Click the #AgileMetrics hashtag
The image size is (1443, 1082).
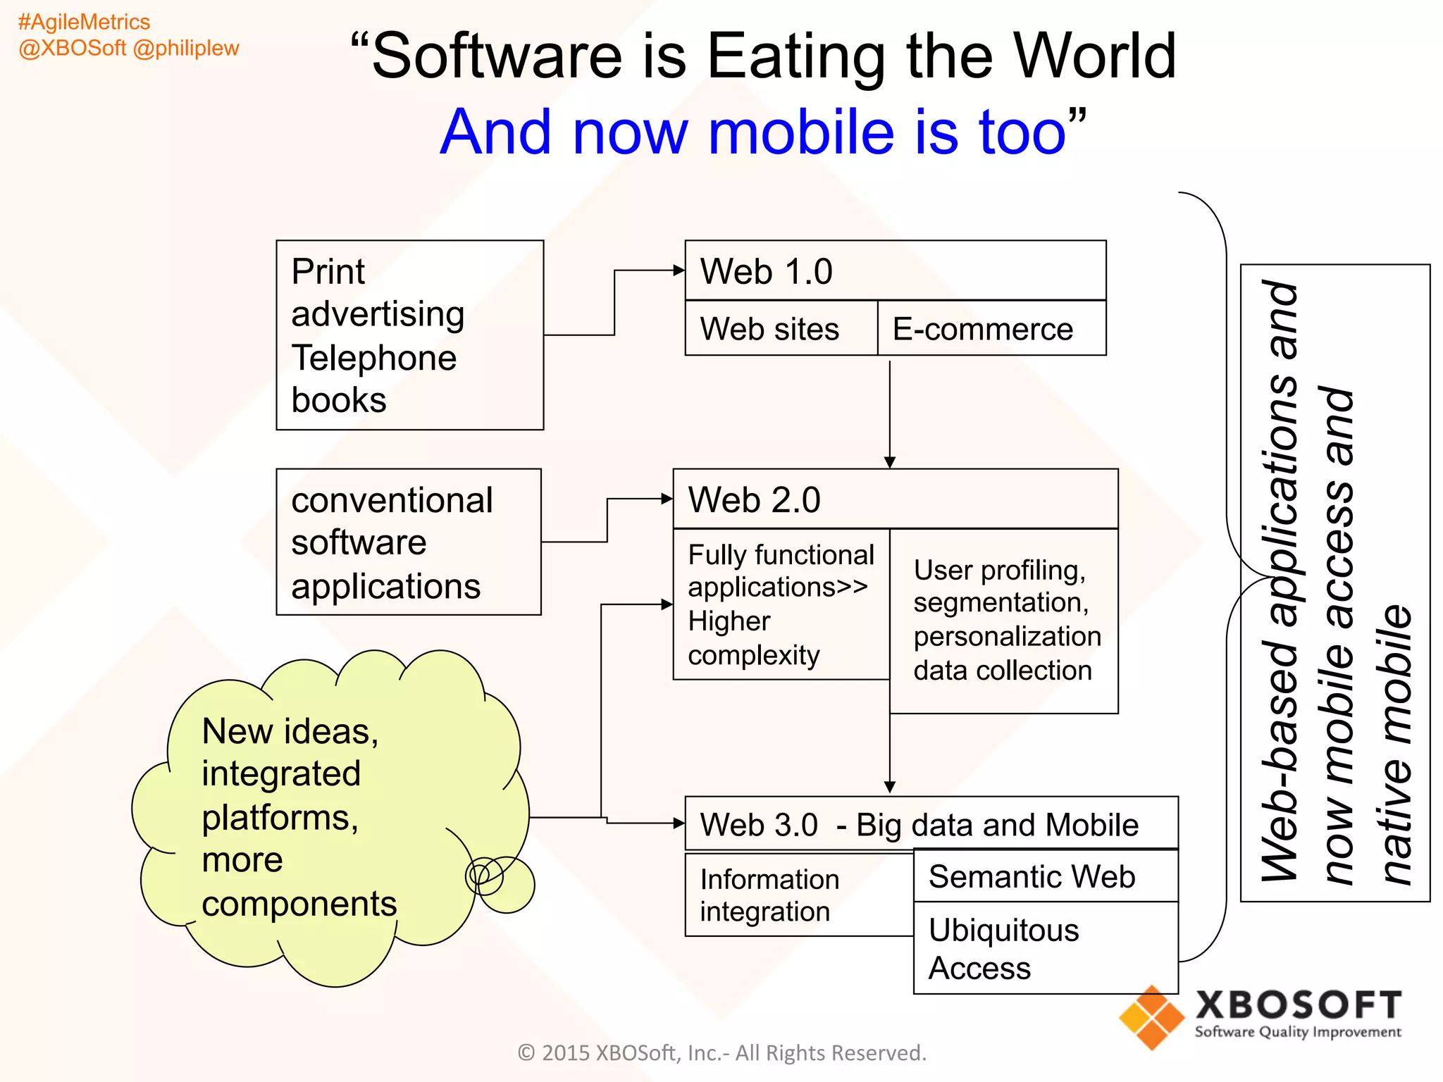click(84, 22)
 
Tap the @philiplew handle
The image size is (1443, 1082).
click(186, 48)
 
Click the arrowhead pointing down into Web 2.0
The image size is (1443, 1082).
click(890, 462)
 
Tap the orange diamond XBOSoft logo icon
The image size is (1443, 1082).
click(1151, 1018)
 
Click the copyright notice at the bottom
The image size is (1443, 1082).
click(721, 1052)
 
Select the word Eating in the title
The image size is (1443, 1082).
click(795, 56)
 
